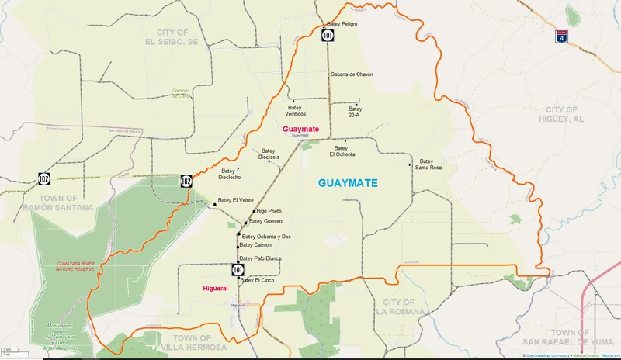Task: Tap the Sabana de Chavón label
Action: (352, 74)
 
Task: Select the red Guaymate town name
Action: (300, 128)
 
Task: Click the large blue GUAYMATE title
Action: (348, 184)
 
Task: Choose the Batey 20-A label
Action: (355, 111)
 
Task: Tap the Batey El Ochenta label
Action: (342, 151)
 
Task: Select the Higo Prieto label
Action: (269, 211)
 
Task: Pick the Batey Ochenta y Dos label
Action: (266, 237)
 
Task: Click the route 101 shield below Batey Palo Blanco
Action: (237, 270)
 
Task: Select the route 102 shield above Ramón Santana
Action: (44, 180)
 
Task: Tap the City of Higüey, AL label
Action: (571, 115)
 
